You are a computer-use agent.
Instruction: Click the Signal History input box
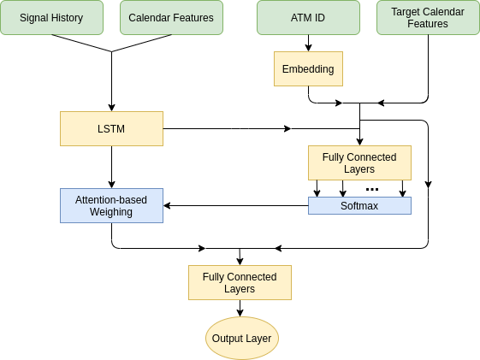click(x=51, y=17)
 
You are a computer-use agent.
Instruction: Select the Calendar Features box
click(x=171, y=17)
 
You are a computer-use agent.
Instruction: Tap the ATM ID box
click(x=308, y=17)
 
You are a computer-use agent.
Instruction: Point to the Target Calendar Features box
click(x=428, y=17)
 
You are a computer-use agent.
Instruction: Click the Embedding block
click(x=308, y=68)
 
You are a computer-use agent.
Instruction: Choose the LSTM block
click(x=111, y=129)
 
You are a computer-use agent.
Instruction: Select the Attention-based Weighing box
click(x=111, y=205)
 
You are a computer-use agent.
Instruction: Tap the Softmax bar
click(x=359, y=205)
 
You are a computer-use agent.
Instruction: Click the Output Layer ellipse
click(x=242, y=339)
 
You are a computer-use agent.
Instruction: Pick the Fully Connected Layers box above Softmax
click(x=359, y=163)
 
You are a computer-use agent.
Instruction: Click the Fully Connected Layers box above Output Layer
click(x=240, y=283)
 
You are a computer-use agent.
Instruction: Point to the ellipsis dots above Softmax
click(x=372, y=189)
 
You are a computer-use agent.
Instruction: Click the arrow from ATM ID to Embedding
click(x=308, y=43)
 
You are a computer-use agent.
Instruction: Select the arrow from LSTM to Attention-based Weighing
click(x=111, y=167)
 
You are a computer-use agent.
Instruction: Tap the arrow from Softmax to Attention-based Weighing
click(x=235, y=205)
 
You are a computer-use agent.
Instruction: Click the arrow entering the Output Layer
click(x=240, y=309)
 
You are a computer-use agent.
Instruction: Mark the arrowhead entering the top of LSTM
click(x=111, y=108)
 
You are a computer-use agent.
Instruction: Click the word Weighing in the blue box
click(x=111, y=212)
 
